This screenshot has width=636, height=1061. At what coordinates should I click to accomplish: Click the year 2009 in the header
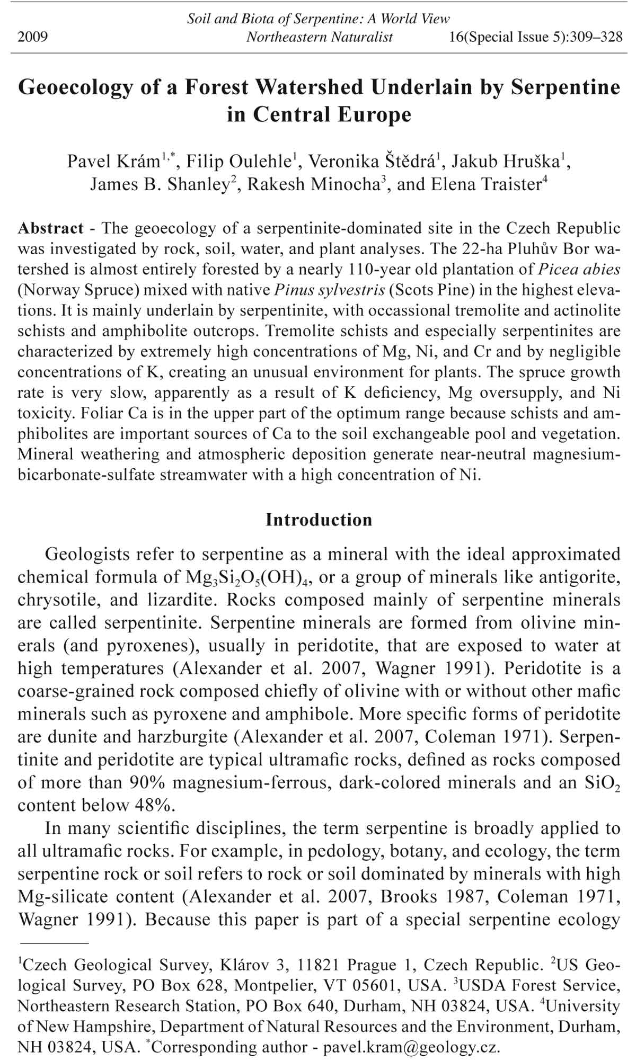(32, 37)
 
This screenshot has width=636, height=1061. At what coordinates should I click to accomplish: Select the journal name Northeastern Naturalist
(320, 37)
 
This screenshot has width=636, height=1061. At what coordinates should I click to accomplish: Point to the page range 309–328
(595, 37)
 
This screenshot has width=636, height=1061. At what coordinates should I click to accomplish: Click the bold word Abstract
(50, 229)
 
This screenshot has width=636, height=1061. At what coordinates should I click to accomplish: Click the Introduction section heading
(319, 520)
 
